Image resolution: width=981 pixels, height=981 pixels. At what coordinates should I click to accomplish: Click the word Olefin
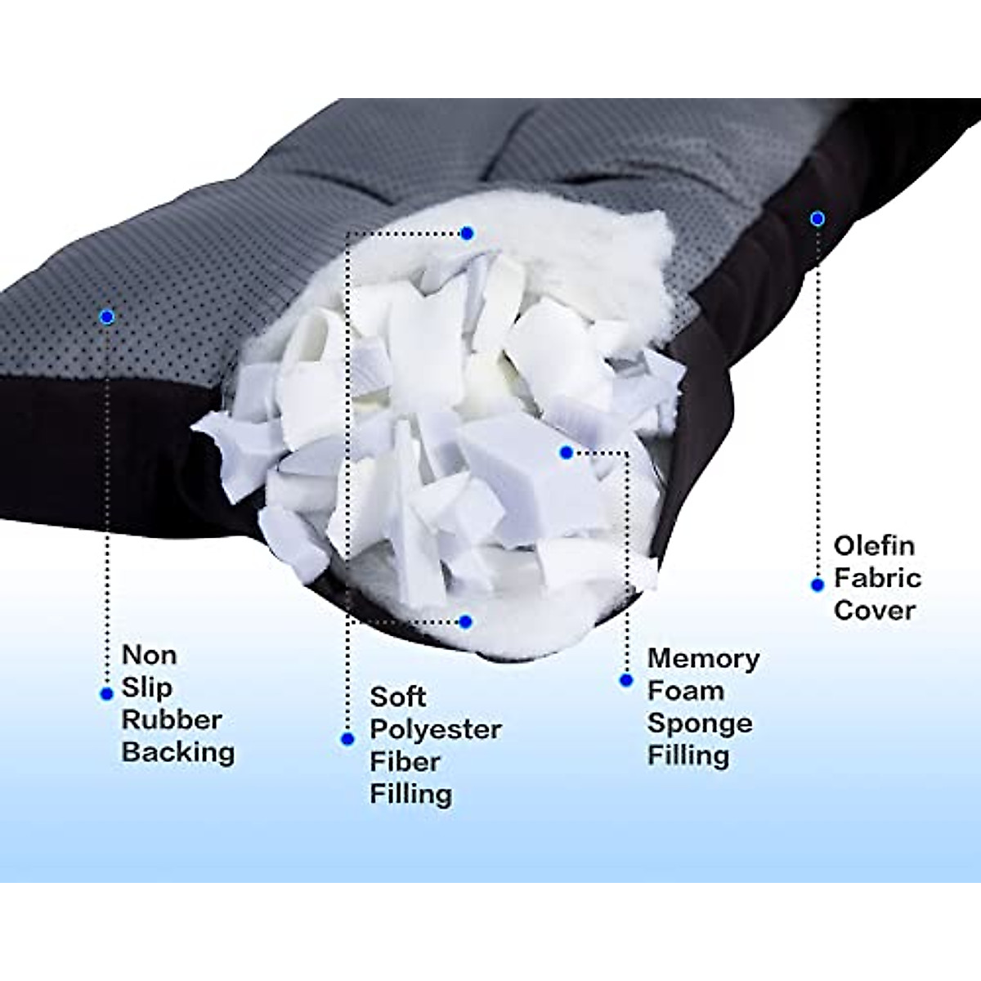click(874, 545)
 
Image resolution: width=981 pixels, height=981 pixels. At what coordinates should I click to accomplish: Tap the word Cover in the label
click(874, 610)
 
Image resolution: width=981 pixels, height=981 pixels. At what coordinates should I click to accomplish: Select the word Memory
click(703, 658)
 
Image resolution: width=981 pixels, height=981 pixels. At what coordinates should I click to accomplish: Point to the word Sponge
click(700, 723)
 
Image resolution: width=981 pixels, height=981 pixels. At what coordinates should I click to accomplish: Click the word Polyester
click(436, 729)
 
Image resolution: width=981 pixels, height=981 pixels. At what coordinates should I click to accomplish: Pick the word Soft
click(397, 697)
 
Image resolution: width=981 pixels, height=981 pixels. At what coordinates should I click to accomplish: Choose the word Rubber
click(172, 719)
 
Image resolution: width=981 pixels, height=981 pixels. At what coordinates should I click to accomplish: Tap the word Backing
click(178, 752)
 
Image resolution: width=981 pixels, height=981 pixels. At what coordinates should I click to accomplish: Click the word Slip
click(146, 688)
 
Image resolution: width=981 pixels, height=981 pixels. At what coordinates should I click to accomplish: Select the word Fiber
click(405, 762)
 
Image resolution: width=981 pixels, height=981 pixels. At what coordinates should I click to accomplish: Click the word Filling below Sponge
click(688, 755)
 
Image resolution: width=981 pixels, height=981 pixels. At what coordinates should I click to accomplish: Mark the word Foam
click(685, 691)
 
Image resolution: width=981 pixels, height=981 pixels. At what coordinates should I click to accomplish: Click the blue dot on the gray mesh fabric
click(105, 316)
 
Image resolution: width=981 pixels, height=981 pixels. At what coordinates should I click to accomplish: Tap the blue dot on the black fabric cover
click(817, 218)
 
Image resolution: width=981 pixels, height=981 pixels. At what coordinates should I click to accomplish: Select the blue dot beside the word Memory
click(626, 680)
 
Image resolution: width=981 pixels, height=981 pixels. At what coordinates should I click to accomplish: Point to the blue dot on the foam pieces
click(567, 452)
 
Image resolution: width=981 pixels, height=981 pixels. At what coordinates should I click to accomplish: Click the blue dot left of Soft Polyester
click(347, 739)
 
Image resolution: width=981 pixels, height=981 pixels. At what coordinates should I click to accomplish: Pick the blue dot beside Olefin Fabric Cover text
click(817, 585)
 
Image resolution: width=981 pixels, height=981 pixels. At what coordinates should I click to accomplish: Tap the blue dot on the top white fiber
click(467, 234)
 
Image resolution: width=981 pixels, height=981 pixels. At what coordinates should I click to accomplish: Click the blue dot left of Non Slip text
click(105, 694)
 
